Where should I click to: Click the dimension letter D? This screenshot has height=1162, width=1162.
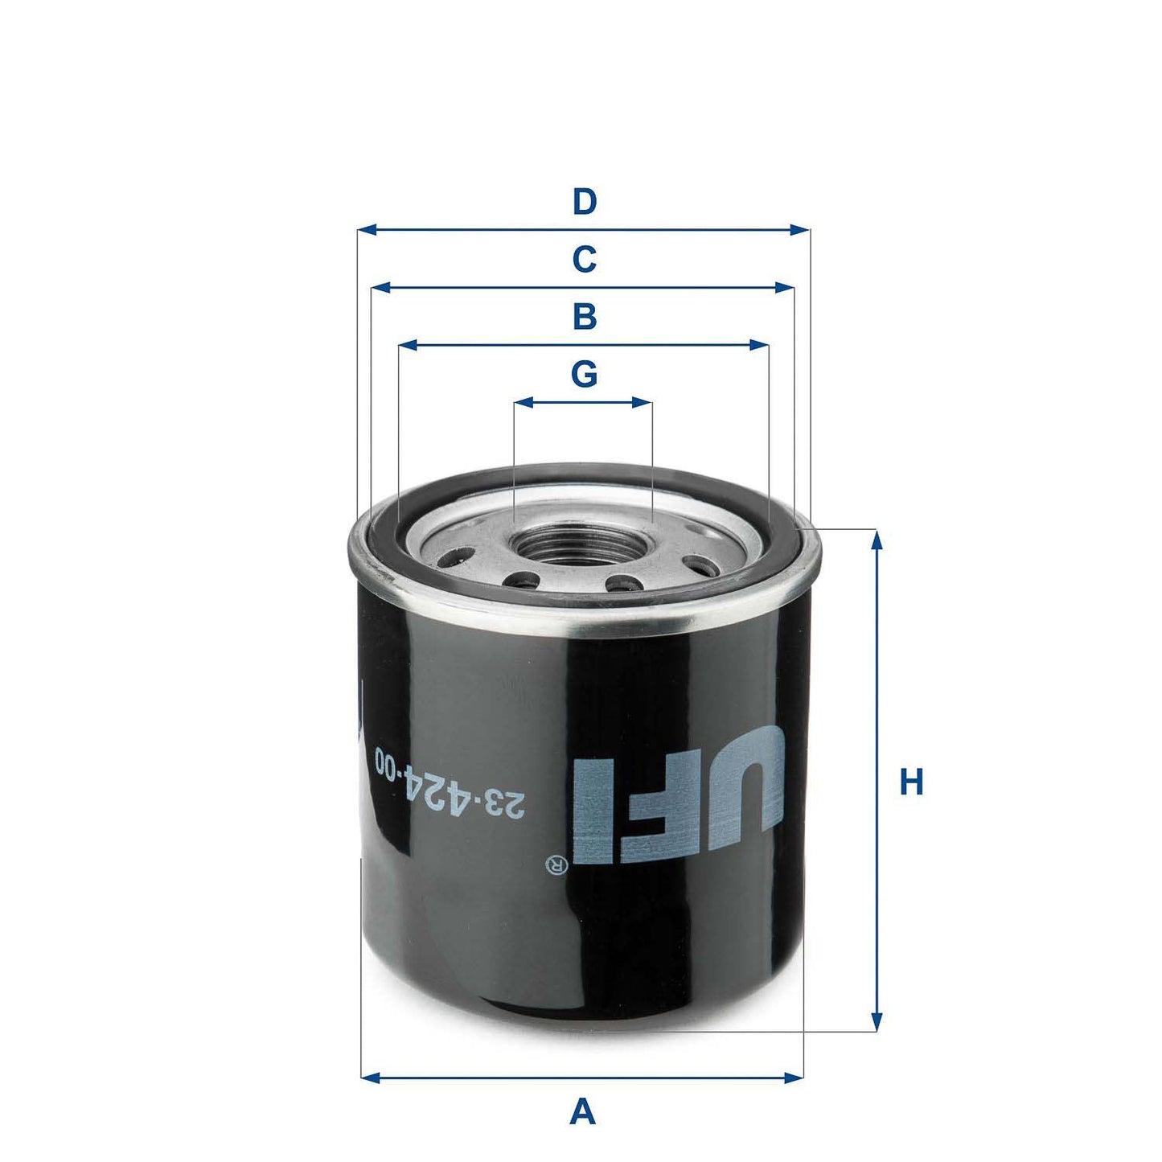585,202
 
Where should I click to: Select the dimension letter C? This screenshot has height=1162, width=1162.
585,260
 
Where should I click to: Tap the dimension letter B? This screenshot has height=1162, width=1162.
585,317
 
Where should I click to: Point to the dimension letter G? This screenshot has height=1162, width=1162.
585,374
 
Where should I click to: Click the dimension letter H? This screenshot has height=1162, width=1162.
911,782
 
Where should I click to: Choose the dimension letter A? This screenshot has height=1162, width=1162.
582,1113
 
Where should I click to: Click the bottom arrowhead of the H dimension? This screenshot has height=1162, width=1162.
877,1022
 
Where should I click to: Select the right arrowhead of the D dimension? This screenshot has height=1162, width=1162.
801,230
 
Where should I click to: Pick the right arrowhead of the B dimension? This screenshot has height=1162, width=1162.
759,345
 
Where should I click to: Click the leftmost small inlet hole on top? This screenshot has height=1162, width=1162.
460,555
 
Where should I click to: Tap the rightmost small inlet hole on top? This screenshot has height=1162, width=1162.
706,565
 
